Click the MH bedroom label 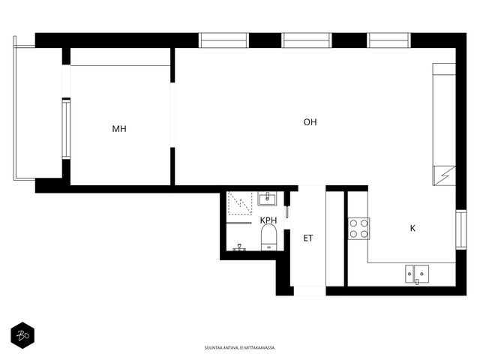(119, 129)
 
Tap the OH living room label (310, 122)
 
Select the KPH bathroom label (268, 220)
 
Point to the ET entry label (308, 238)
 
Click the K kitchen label (412, 228)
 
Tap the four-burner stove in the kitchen (358, 228)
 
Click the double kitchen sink (417, 274)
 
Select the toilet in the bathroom (269, 237)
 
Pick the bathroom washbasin (267, 199)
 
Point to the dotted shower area (240, 203)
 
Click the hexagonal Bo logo (22, 335)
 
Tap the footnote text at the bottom (240, 348)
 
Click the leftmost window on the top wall (223, 40)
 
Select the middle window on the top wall (307, 40)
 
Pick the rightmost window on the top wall (388, 40)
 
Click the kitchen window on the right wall (461, 229)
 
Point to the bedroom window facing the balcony (66, 128)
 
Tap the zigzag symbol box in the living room (444, 175)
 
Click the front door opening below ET (310, 291)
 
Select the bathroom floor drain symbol (239, 247)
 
